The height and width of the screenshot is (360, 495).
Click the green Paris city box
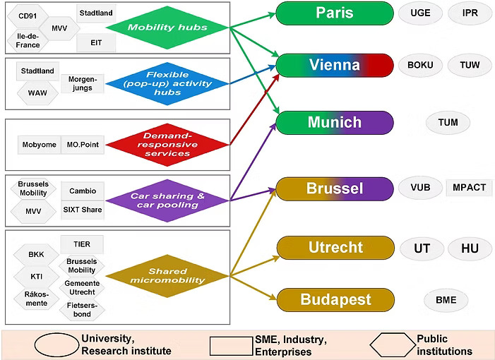coord(335,13)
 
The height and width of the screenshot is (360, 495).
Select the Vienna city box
coord(335,65)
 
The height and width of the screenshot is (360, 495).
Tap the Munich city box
coord(335,122)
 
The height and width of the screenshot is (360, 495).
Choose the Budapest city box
coord(335,299)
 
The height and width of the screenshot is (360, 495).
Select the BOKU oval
coord(420,65)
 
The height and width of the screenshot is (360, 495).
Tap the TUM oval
coord(448,122)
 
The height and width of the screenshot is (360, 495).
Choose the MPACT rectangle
coord(469,188)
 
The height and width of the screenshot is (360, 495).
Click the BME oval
coord(446,300)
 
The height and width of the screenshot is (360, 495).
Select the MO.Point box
coord(82,145)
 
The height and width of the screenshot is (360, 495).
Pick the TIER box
coord(82,244)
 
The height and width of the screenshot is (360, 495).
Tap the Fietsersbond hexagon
coord(82,308)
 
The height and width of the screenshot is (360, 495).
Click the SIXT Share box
coord(82,210)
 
